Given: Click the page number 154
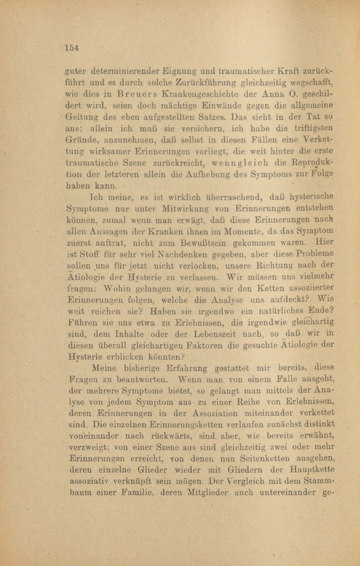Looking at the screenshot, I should click(71, 48).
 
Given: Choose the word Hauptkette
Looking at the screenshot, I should click(312, 470).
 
